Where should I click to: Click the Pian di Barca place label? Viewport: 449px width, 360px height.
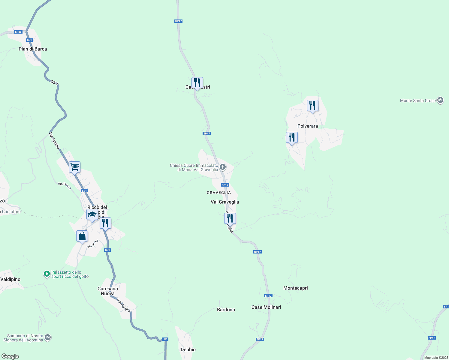tap(33, 49)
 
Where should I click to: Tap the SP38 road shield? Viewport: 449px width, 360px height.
tap(18, 32)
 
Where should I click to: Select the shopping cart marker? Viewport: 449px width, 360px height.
tap(74, 167)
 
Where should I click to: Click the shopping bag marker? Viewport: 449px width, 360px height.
tap(82, 236)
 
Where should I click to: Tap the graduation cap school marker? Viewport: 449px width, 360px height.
tap(92, 214)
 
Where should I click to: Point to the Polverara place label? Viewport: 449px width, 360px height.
tap(308, 126)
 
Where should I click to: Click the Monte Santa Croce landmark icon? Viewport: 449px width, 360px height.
tap(440, 100)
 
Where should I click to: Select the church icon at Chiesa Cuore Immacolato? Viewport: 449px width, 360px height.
tap(223, 167)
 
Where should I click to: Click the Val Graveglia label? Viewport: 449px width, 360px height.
tap(225, 202)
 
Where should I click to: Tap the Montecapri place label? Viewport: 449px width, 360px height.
tap(296, 288)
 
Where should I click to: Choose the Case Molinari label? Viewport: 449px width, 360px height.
tap(266, 307)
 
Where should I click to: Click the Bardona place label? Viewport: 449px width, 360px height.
tap(226, 310)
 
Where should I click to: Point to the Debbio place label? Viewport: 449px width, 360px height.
tap(188, 349)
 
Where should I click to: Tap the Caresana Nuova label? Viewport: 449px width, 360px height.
tap(108, 291)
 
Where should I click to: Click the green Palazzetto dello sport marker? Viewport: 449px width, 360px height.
tap(47, 274)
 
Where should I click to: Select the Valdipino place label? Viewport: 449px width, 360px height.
tap(11, 279)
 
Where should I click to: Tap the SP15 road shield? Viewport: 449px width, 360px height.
tap(432, 338)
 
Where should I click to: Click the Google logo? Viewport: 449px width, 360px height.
tap(10, 356)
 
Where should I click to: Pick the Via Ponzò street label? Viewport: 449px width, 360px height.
tap(65, 186)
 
